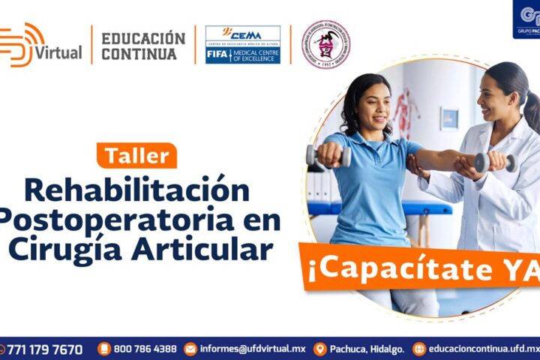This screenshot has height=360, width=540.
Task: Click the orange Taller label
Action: click(x=136, y=155)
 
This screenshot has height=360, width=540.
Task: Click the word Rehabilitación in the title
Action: click(x=136, y=190)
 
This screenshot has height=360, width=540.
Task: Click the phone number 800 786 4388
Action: click(x=145, y=349)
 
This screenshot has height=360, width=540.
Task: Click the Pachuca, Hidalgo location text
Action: click(x=367, y=349)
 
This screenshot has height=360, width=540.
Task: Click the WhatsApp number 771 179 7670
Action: click(x=44, y=349)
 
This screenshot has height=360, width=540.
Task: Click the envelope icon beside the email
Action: click(x=190, y=349)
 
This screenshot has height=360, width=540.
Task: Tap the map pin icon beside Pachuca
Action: click(x=320, y=349)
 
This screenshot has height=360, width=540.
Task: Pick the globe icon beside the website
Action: click(x=419, y=349)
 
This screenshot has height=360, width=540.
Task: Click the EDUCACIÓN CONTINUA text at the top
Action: click(x=142, y=46)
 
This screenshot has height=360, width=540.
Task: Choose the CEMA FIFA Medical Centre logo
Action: click(x=243, y=45)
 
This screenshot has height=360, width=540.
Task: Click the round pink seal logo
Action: click(x=325, y=45)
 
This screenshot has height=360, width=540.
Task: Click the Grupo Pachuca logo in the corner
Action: click(x=527, y=19)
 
